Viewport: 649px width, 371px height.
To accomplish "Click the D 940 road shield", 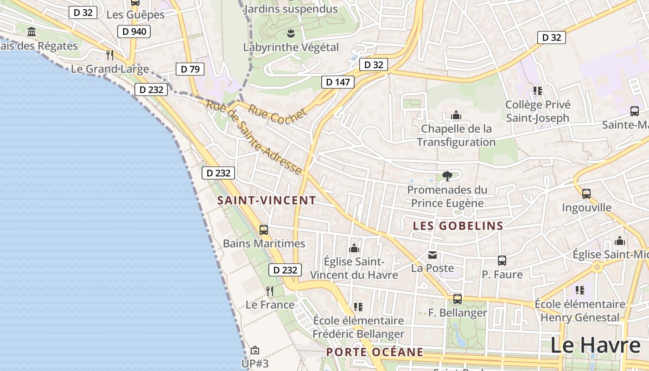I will click(x=134, y=32).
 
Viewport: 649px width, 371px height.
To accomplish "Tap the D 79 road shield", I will click(x=190, y=69).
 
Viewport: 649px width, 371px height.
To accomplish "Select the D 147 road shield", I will click(x=337, y=82).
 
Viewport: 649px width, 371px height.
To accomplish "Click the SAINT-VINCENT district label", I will click(x=267, y=201).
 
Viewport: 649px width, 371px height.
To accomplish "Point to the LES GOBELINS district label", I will click(x=458, y=226).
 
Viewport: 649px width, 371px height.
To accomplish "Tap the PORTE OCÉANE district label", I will click(x=375, y=352).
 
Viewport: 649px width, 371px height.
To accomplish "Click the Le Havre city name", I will click(x=595, y=345).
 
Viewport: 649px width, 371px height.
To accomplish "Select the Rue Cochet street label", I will click(x=277, y=112).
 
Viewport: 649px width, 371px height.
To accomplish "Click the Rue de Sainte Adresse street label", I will click(x=254, y=137).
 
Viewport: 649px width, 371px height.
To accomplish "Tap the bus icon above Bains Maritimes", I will click(x=264, y=230).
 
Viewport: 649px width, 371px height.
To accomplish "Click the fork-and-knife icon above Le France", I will click(x=270, y=291).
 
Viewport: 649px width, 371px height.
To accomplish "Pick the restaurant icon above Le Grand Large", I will click(x=110, y=55).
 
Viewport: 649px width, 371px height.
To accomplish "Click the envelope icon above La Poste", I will click(x=433, y=255).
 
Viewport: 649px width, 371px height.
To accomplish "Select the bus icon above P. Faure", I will click(x=502, y=261).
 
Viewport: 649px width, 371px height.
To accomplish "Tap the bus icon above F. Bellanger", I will click(x=458, y=299).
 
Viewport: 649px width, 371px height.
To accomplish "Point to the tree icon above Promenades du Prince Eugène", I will click(x=447, y=176).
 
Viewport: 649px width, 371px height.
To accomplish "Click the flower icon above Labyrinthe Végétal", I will click(x=291, y=33).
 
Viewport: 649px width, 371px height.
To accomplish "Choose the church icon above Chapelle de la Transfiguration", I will click(x=456, y=115).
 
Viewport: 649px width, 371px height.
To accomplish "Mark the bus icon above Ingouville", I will click(x=586, y=193).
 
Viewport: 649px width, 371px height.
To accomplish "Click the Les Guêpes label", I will click(x=135, y=15).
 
